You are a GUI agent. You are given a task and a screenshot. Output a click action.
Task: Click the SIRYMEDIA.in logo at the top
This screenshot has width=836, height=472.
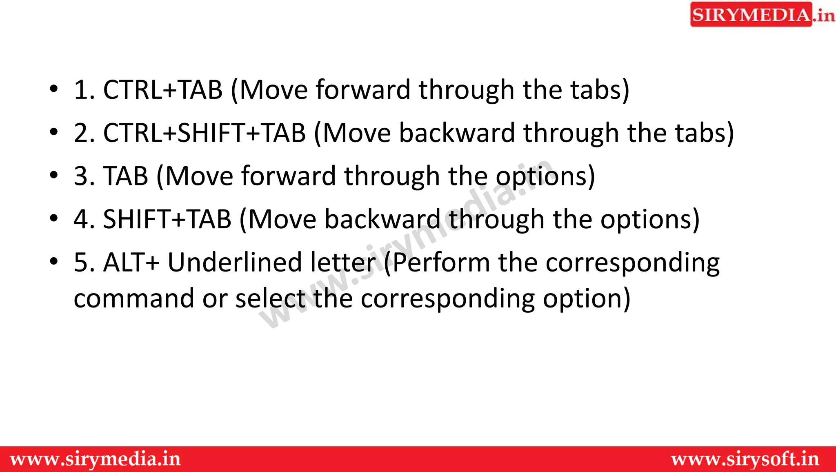point(761,15)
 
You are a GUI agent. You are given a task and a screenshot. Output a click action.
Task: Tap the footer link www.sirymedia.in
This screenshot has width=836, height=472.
point(95,459)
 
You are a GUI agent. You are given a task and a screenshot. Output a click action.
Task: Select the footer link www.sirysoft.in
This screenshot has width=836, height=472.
point(745,459)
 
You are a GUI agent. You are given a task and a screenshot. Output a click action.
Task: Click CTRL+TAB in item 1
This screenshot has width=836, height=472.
point(163,89)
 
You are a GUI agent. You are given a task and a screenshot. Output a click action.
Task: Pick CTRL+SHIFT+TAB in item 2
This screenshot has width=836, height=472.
point(205,133)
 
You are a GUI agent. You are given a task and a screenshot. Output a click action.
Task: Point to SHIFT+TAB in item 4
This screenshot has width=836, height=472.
point(167,219)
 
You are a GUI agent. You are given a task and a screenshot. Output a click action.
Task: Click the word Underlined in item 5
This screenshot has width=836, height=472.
point(234,262)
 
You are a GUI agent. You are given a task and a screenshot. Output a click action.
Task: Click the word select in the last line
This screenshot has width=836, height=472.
point(270,298)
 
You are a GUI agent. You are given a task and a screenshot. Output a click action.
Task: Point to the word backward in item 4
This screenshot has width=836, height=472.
point(382,219)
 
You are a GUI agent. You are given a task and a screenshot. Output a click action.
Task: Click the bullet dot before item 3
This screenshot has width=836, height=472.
point(54,176)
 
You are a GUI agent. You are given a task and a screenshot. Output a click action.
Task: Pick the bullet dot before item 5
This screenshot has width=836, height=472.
point(54,261)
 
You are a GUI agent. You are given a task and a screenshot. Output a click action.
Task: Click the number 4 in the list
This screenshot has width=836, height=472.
point(81,219)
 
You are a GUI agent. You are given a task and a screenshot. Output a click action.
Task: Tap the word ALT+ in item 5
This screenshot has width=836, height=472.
point(131,262)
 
